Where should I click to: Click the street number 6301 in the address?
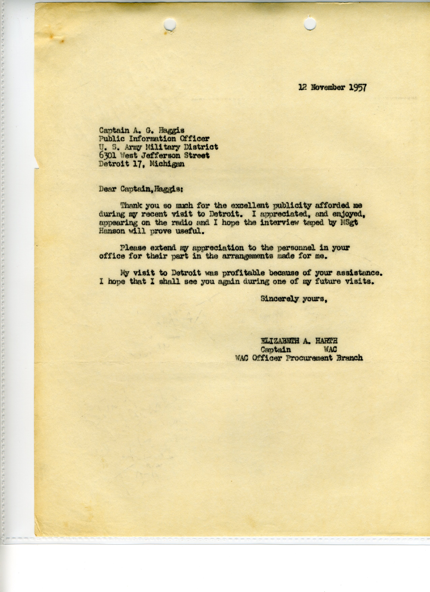coord(108,156)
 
